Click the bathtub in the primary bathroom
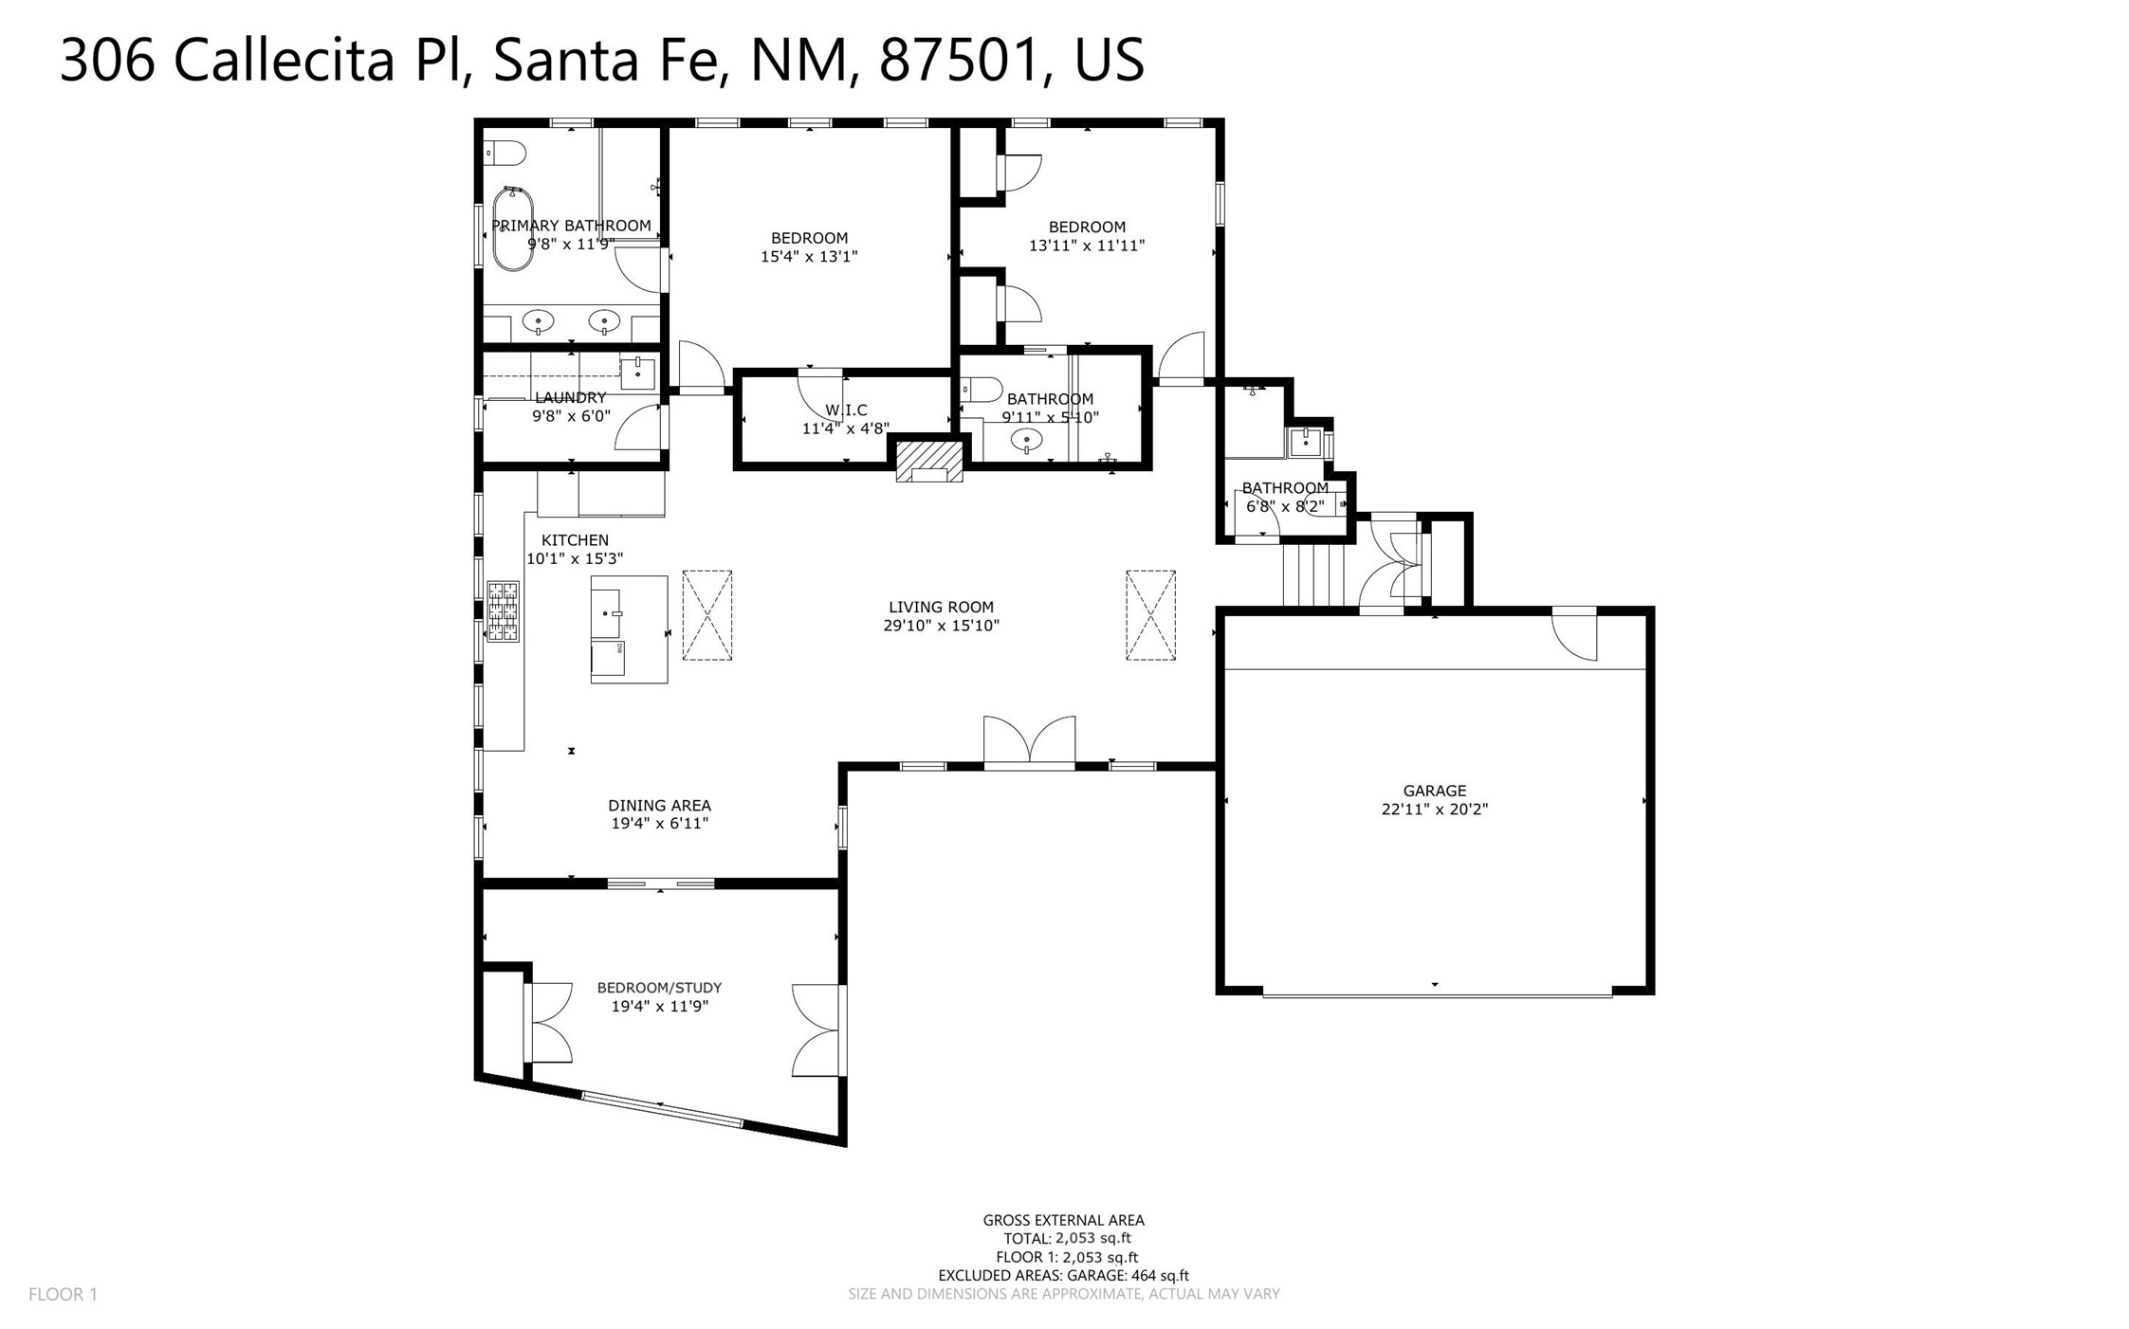(x=512, y=228)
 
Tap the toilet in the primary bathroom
(x=505, y=153)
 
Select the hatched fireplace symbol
(x=929, y=462)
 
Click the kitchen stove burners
(x=503, y=611)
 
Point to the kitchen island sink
(x=608, y=613)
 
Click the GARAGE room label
(x=1434, y=791)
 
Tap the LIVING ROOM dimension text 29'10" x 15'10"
(x=941, y=626)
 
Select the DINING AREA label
(x=659, y=806)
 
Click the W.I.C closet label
(x=846, y=410)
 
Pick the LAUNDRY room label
(x=570, y=398)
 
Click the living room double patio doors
(x=1029, y=740)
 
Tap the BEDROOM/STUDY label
(x=659, y=988)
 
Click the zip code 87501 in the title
(x=958, y=60)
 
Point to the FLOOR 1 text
(x=63, y=1294)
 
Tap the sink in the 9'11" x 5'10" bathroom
(x=1026, y=440)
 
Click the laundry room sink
(x=637, y=373)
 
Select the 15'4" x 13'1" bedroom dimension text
(x=809, y=256)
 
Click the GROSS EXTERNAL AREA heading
(x=1063, y=1221)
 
